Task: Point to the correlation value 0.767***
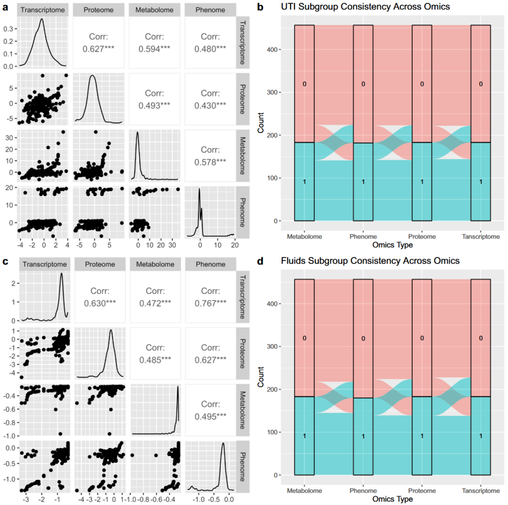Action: [x=210, y=303]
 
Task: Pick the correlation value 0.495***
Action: [x=210, y=415]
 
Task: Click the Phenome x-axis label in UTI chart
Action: [x=363, y=237]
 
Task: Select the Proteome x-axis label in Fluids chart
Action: [x=422, y=491]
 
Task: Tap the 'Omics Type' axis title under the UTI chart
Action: [x=393, y=244]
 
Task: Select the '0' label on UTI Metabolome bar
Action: [x=304, y=84]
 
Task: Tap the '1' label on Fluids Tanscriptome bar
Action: [x=481, y=436]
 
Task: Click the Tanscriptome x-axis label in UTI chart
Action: [x=481, y=237]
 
